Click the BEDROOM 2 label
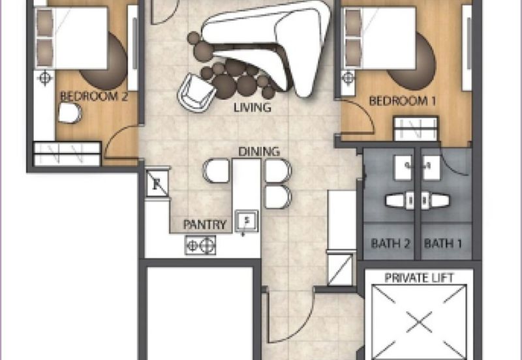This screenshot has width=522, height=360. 94,97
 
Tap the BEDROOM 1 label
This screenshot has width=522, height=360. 403,100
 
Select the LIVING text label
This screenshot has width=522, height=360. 253,108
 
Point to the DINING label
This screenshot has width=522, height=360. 259,152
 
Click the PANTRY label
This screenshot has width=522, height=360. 205,224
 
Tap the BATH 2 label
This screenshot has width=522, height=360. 390,243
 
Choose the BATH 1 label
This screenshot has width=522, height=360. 443,243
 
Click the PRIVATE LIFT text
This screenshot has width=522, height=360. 419,277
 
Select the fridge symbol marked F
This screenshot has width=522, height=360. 157,184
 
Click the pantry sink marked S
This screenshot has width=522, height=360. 247,221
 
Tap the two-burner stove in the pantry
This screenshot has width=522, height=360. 200,245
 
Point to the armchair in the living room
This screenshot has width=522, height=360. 196,93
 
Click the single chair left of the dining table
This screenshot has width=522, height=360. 216,171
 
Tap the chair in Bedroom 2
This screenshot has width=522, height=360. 70,113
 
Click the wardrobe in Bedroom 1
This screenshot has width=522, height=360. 416,128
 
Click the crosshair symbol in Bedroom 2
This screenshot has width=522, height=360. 45,79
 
